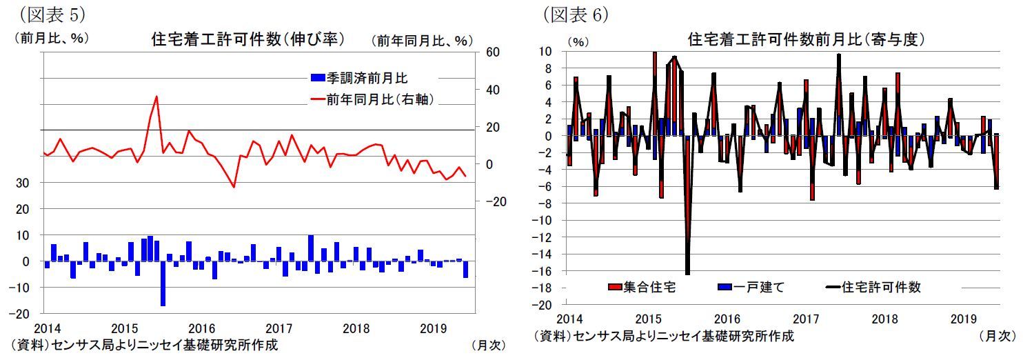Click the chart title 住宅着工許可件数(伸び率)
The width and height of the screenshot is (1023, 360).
pos(247,39)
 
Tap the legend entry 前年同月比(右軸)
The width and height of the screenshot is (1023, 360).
pos(372,99)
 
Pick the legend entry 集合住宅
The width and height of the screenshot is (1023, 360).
pos(641,287)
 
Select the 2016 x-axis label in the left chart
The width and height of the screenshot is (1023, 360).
pos(202,328)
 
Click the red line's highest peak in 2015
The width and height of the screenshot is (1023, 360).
pos(156,97)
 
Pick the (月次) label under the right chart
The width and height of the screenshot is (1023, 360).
pos(997,336)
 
